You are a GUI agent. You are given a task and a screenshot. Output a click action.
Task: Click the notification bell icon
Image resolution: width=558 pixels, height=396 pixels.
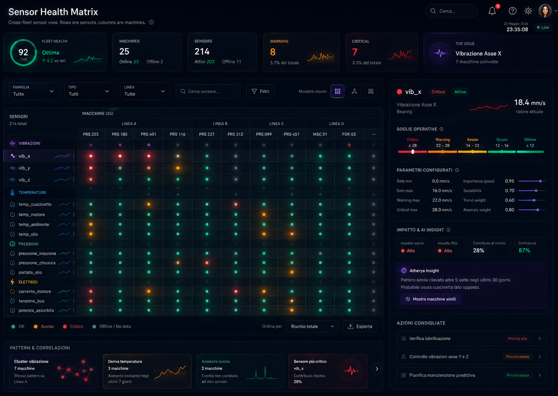[492, 11]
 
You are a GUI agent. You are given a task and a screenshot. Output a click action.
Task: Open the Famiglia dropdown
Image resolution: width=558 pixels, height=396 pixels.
[33, 91]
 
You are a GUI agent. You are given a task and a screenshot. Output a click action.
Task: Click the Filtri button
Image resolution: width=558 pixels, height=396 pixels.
[260, 91]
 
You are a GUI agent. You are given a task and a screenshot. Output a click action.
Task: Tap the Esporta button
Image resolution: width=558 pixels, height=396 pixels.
[360, 326]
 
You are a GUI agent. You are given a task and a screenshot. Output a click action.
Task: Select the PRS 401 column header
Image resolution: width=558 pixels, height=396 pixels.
[148, 134]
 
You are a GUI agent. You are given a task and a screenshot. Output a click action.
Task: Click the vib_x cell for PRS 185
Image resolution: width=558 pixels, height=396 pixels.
[120, 156]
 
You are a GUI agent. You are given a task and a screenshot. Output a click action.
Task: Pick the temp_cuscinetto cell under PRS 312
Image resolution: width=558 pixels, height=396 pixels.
[236, 204]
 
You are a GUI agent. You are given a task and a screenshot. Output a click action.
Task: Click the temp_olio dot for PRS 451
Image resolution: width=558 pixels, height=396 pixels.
[292, 234]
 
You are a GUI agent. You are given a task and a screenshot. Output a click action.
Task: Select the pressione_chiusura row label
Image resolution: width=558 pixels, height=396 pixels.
[37, 263]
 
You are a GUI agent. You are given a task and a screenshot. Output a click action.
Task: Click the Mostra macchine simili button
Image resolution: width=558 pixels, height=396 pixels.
[431, 299]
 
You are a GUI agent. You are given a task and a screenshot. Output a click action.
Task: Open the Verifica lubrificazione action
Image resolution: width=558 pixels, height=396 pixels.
[471, 338]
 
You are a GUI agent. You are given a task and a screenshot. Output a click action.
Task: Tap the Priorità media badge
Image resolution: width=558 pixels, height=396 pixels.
[517, 356]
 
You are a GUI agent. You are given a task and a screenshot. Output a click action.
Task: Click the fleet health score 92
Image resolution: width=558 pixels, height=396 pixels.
[23, 52]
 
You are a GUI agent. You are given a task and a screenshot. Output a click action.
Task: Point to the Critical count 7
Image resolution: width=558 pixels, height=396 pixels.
[355, 52]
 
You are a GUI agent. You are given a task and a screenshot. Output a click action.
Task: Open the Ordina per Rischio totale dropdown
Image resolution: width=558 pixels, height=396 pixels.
[312, 326]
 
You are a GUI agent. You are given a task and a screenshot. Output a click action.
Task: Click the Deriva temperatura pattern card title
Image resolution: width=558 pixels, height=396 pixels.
[125, 361]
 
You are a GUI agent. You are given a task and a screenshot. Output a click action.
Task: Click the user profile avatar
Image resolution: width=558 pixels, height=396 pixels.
[545, 11]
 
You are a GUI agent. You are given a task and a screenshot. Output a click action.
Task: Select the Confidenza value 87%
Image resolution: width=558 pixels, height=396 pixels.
[524, 250]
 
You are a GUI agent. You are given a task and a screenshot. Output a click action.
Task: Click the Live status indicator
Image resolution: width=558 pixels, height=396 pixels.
[543, 27]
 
